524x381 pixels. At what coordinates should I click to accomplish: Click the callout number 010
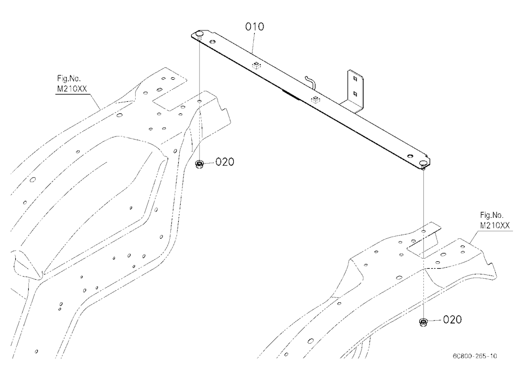[255, 26]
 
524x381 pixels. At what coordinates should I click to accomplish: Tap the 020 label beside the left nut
[225, 162]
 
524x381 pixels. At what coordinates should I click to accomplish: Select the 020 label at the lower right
[452, 320]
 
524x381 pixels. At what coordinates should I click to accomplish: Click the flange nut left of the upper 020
[200, 164]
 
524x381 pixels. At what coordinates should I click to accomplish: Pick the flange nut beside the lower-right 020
[423, 322]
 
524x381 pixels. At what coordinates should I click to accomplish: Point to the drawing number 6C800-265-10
[475, 356]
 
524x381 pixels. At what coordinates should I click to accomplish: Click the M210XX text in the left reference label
[72, 89]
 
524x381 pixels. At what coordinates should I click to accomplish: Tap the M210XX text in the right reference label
[495, 225]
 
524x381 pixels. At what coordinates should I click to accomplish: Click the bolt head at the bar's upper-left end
[200, 34]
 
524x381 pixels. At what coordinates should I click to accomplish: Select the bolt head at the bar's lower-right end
[423, 164]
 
